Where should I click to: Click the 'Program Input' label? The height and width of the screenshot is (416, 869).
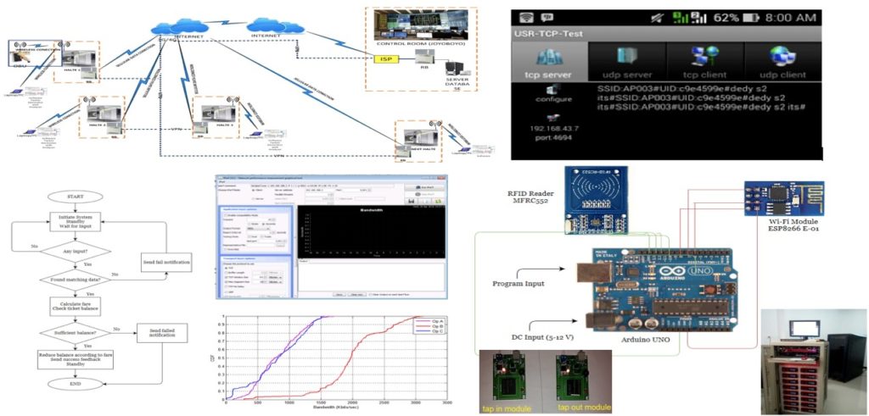click(517, 284)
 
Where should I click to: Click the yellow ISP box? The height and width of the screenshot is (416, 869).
click(386, 60)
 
